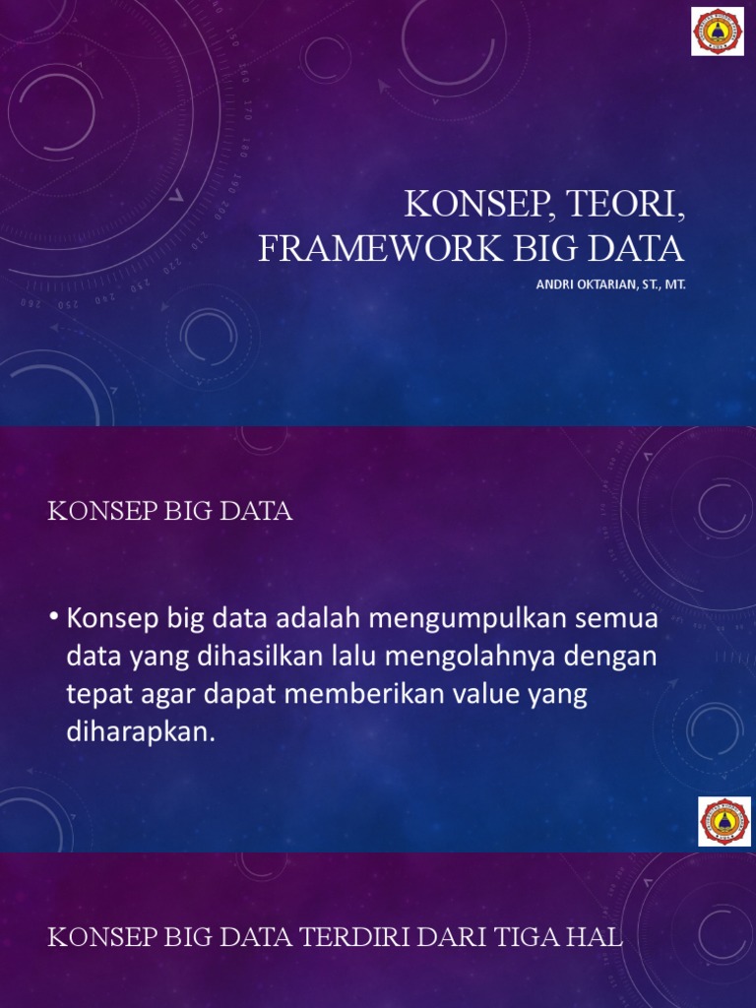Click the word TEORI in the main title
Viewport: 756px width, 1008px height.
click(x=616, y=205)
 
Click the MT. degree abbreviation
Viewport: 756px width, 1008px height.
click(x=674, y=283)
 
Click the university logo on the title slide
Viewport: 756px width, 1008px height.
click(x=718, y=31)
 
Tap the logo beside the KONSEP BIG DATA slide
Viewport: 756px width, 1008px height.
click(x=724, y=821)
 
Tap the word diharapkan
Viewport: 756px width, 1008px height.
click(x=140, y=731)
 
